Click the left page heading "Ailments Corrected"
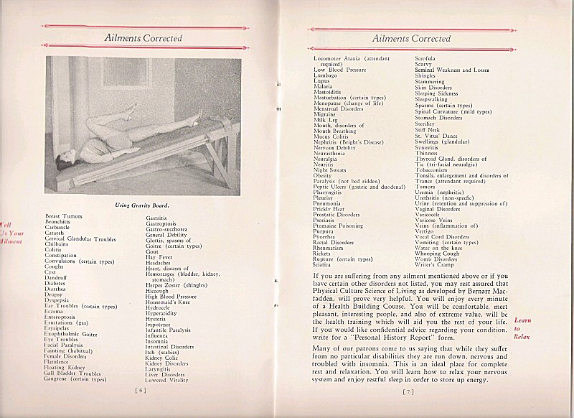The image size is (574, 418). [x=143, y=38]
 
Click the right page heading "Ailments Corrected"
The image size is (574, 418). [x=412, y=38]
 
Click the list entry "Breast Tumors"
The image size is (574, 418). [x=63, y=216]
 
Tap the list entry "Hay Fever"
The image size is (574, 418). [x=160, y=257]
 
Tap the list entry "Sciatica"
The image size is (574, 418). [x=326, y=265]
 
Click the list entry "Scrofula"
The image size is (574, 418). [x=428, y=57]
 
